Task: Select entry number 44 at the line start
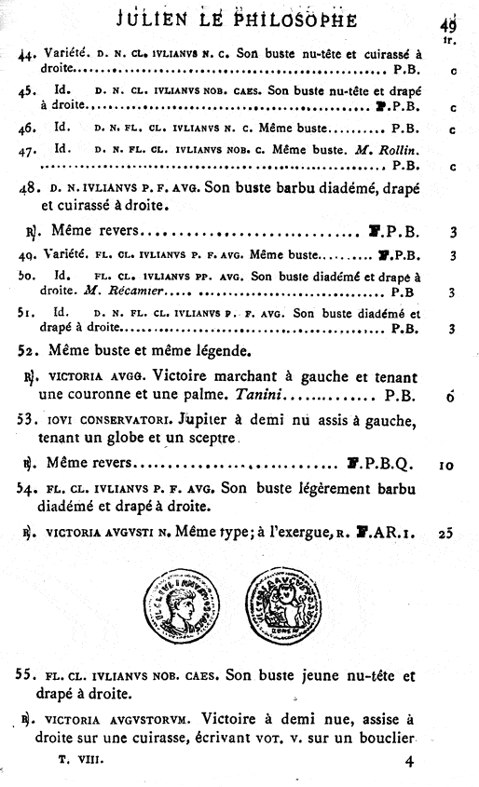coord(27,55)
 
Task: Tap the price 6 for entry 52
coord(449,396)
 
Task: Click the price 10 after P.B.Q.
coord(445,463)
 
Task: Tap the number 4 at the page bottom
coord(408,762)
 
